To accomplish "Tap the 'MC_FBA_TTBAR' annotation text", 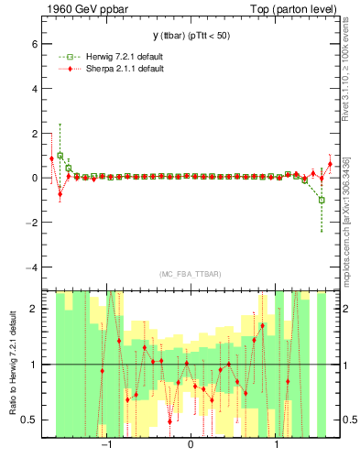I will pos(190,274).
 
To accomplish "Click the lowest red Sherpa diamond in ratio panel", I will pos(169,421).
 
